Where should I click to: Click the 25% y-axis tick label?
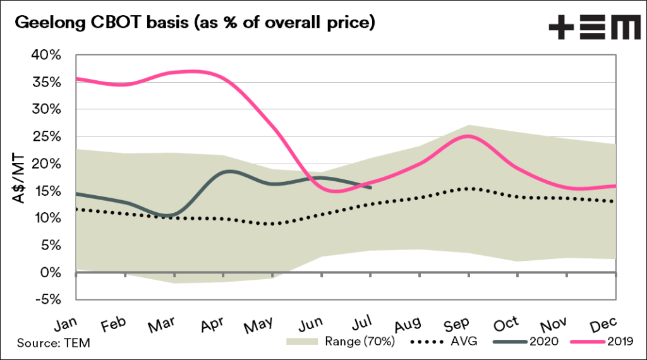click(x=47, y=137)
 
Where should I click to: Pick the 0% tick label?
click(x=52, y=272)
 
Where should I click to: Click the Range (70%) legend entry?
click(x=341, y=342)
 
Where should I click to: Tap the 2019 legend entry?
click(x=603, y=342)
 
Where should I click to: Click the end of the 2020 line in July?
click(x=370, y=187)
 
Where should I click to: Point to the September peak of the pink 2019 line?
click(x=468, y=136)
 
